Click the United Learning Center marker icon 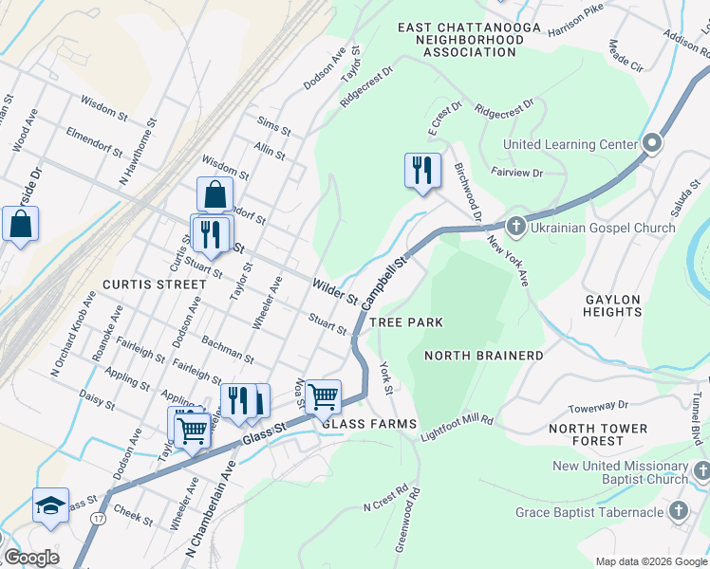[652, 144]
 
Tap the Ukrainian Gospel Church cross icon [515, 227]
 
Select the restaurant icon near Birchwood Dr [422, 171]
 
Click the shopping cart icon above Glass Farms [323, 396]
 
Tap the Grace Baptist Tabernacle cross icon [678, 512]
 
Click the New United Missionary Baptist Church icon [701, 470]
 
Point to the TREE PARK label [406, 323]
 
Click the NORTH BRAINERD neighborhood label [484, 356]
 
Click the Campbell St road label [383, 277]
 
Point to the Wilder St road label [334, 291]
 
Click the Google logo [32, 558]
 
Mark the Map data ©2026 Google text [650, 561]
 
